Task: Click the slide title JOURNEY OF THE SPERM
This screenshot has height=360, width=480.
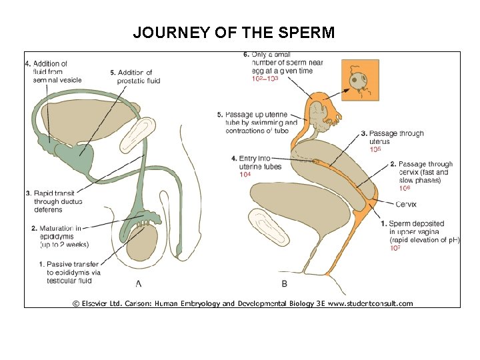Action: point(233,32)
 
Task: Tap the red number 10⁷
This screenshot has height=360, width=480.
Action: point(395,248)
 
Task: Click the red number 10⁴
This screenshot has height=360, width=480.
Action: point(245,175)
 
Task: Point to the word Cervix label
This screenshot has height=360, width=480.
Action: point(406,204)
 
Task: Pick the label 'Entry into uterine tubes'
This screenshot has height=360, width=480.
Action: point(256,163)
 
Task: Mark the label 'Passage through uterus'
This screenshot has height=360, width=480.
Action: point(395,137)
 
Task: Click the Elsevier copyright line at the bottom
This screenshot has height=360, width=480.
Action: point(243,303)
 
